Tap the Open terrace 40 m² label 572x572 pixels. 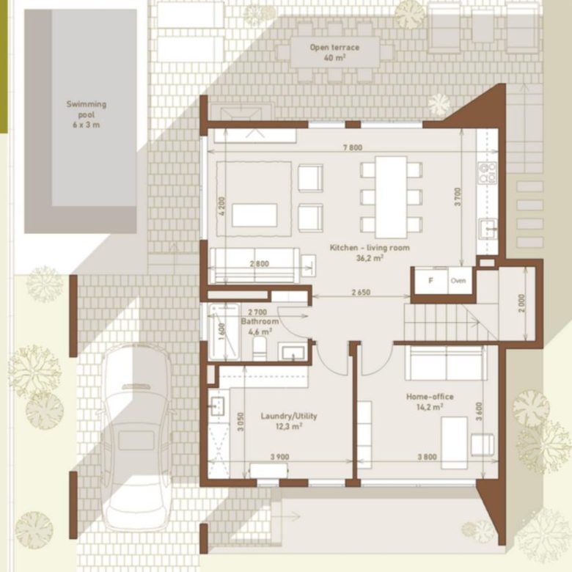pyautogui.click(x=334, y=52)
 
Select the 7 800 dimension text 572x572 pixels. pyautogui.click(x=353, y=147)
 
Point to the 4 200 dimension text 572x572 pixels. pyautogui.click(x=222, y=206)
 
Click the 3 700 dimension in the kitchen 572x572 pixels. pyautogui.click(x=458, y=197)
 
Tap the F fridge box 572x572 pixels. pyautogui.click(x=430, y=281)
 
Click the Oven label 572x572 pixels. pyautogui.click(x=458, y=281)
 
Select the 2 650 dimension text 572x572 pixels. pyautogui.click(x=361, y=292)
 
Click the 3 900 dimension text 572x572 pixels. pyautogui.click(x=280, y=457)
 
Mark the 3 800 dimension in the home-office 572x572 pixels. pyautogui.click(x=428, y=457)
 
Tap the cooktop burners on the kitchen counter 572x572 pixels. pyautogui.click(x=488, y=172)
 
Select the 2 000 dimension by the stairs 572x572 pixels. pyautogui.click(x=521, y=304)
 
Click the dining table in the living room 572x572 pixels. pyautogui.click(x=391, y=197)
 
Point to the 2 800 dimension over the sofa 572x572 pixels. pyautogui.click(x=260, y=264)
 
